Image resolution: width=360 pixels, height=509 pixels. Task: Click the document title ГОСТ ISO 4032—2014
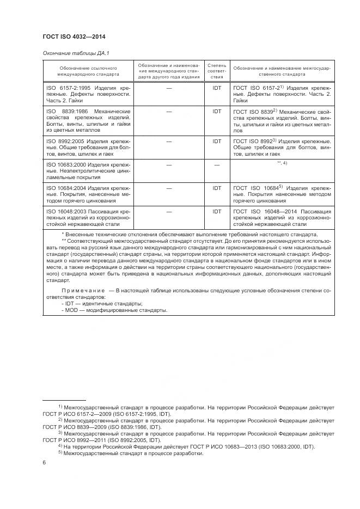pyautogui.click(x=74, y=36)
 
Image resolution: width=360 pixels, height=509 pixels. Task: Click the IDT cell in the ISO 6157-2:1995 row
pyautogui.click(x=217, y=87)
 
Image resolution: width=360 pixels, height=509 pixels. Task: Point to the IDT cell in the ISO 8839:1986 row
pyautogui.click(x=217, y=111)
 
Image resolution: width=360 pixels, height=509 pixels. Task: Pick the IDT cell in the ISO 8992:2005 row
pyautogui.click(x=217, y=141)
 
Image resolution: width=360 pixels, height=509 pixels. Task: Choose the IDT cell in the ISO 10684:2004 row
pyautogui.click(x=217, y=188)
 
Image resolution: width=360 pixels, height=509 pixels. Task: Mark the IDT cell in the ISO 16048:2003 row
pyautogui.click(x=217, y=211)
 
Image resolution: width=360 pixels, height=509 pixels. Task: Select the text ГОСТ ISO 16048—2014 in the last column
pyautogui.click(x=264, y=211)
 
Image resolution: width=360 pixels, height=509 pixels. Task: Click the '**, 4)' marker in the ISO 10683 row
pyautogui.click(x=282, y=163)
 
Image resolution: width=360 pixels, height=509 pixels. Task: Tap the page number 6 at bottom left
pyautogui.click(x=44, y=462)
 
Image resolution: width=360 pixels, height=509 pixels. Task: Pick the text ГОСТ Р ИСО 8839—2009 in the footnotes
pyautogui.click(x=74, y=427)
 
